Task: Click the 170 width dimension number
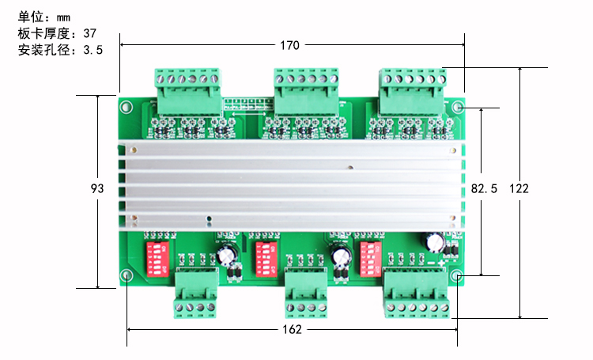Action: (289, 45)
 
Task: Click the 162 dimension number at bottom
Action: (292, 329)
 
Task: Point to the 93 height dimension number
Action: (98, 189)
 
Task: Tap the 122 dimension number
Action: (519, 188)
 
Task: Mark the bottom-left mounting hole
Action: (127, 275)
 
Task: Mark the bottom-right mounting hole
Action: (457, 275)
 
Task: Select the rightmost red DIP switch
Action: (371, 257)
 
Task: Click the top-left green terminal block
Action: (189, 90)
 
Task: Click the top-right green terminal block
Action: (411, 90)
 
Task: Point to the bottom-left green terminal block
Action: (196, 293)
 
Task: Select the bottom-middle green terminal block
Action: (305, 293)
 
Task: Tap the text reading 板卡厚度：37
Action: (56, 33)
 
